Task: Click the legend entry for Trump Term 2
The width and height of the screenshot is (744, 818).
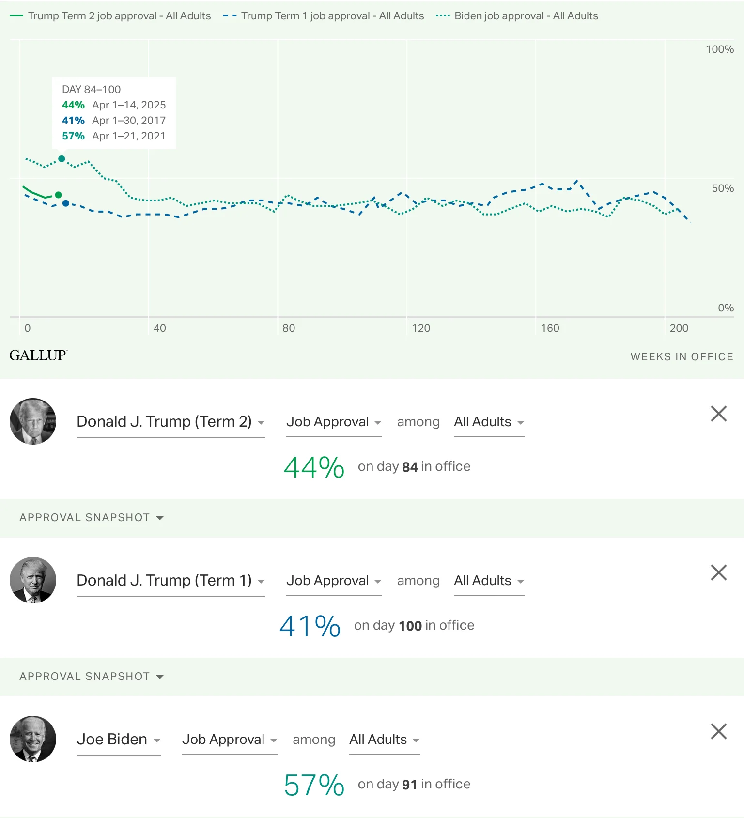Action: [x=110, y=16]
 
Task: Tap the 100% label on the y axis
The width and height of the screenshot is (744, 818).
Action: [x=719, y=49]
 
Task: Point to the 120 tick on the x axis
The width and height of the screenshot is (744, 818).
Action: [x=421, y=328]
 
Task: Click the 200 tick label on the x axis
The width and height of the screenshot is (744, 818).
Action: [x=679, y=328]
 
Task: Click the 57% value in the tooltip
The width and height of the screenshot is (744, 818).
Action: [x=73, y=136]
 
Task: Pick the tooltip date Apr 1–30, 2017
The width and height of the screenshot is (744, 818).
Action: [x=129, y=121]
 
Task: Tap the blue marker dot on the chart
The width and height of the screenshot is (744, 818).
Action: [x=66, y=203]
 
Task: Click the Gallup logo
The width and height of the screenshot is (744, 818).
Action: [x=38, y=355]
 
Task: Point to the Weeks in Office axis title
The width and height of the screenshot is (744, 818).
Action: [x=682, y=357]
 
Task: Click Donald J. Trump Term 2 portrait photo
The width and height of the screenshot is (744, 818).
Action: [x=33, y=421]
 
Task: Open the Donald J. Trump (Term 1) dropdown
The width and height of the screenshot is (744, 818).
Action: [x=170, y=580]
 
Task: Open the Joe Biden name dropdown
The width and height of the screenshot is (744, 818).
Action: [x=118, y=740]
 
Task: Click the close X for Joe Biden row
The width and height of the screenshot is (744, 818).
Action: [x=718, y=731]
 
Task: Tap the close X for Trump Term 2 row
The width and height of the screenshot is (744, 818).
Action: [x=718, y=414]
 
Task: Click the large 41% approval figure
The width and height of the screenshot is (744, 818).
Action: [x=310, y=626]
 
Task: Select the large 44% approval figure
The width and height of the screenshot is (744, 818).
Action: [x=314, y=467]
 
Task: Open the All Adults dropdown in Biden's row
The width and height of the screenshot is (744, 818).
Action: [x=384, y=740]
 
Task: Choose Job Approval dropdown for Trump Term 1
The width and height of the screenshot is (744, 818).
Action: [x=334, y=581]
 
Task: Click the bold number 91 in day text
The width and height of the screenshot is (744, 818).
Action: [x=409, y=785]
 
